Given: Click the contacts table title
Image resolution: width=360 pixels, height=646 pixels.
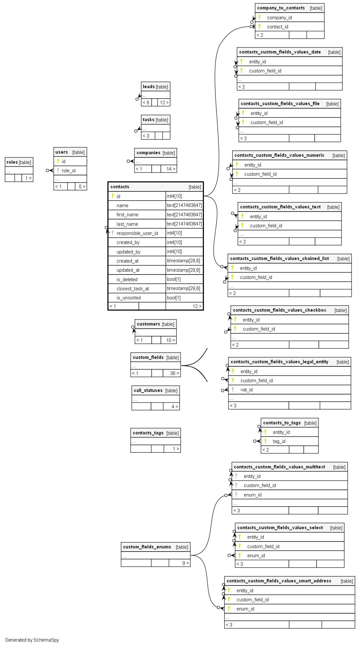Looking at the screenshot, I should pos(120,187).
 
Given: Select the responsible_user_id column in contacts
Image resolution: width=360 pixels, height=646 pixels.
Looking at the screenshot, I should pos(137,233).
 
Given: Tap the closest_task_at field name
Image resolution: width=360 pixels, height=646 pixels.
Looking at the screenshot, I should pos(132,289).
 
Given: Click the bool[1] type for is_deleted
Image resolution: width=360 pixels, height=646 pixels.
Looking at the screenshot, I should pos(174,279).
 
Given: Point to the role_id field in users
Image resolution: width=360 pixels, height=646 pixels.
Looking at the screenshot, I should pos(69,171).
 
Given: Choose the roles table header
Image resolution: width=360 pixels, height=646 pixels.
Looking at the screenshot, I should pos(12,162).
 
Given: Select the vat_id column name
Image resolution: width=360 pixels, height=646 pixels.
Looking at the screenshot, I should pos(246,390).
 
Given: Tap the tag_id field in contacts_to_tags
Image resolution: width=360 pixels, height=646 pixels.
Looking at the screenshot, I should pos(279,441).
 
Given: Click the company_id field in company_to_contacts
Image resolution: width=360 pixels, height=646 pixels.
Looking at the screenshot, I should pos(279,18).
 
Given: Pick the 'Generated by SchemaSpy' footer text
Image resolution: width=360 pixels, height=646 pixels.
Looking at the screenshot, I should pos(32,640).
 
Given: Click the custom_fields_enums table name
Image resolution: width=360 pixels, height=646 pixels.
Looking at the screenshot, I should pos(147,547).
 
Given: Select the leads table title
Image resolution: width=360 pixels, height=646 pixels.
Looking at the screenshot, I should pos(149,87).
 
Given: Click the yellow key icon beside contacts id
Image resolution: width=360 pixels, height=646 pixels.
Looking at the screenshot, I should pos(113,196).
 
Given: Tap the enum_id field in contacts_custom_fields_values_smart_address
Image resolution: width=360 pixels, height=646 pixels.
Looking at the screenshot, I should pos(245,609).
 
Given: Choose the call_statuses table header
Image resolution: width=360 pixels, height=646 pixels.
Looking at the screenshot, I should pos(148,390).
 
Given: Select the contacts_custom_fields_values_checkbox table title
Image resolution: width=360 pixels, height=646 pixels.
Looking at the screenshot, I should pos(279,310).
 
